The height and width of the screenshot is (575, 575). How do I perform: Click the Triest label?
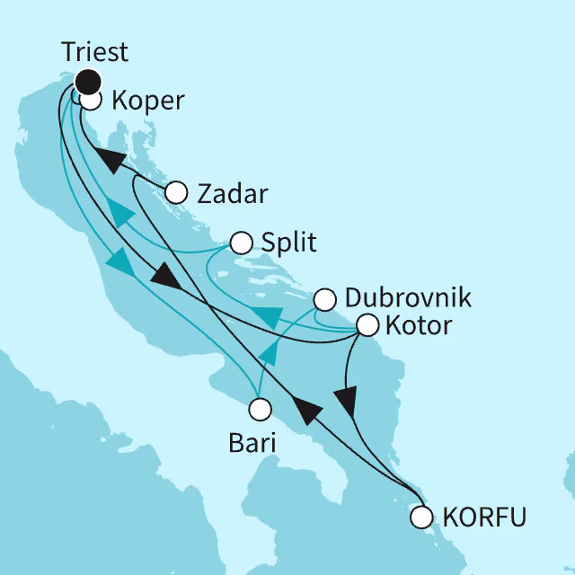(x=94, y=52)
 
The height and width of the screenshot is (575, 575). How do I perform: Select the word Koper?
(x=147, y=101)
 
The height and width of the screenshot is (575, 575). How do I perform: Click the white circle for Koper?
(x=92, y=100)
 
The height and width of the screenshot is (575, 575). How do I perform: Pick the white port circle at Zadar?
(x=176, y=192)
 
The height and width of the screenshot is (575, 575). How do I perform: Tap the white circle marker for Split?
(x=241, y=243)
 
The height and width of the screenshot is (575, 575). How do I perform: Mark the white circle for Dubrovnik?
(x=325, y=298)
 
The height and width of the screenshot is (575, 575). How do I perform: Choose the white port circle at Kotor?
(x=367, y=325)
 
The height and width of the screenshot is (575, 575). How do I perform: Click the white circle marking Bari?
(x=260, y=410)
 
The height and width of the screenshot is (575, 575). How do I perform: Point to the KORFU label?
(x=484, y=517)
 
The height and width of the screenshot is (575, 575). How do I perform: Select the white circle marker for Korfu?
(x=421, y=517)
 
